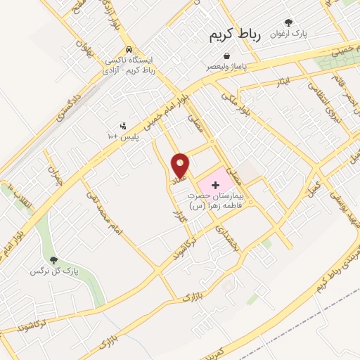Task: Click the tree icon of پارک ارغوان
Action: point(288,22)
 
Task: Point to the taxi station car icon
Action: point(129,49)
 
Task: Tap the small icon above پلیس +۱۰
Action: point(123,126)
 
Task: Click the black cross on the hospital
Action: point(215,184)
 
